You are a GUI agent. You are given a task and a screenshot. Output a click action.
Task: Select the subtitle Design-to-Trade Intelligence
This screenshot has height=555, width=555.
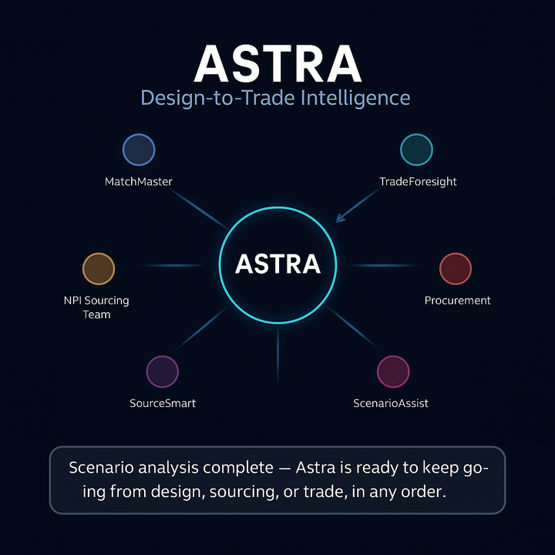(x=275, y=98)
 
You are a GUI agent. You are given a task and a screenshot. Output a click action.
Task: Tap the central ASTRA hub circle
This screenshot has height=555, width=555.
(x=277, y=264)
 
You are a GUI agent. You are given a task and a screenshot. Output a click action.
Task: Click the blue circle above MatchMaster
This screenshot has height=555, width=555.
(x=139, y=150)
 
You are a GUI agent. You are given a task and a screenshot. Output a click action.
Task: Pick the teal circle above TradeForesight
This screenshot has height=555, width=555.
(x=417, y=150)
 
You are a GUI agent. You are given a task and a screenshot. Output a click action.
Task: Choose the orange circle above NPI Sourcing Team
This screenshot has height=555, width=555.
(x=98, y=268)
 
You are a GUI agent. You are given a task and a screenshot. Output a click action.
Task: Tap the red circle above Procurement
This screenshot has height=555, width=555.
(x=455, y=268)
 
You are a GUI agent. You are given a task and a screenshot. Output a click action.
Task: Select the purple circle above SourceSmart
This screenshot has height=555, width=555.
(x=162, y=372)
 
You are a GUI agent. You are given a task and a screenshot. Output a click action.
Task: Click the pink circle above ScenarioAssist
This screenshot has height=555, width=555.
(x=392, y=372)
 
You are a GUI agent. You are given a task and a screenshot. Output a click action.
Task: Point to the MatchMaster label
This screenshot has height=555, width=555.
(x=139, y=182)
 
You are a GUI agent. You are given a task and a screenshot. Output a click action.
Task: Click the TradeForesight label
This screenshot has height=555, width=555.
(x=418, y=182)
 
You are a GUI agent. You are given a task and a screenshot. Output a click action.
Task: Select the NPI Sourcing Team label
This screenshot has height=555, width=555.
(x=96, y=307)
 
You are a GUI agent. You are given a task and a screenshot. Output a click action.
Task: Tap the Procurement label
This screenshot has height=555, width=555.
(x=458, y=300)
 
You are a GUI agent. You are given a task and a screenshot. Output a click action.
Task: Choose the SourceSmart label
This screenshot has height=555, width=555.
(x=163, y=403)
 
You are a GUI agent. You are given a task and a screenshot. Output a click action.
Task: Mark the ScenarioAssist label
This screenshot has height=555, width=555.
(x=391, y=403)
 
